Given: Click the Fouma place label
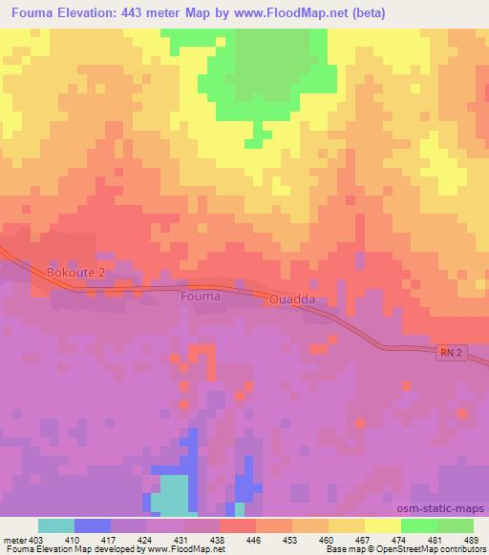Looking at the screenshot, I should (201, 297).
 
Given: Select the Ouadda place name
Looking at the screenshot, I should (291, 299).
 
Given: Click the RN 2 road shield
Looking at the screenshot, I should (453, 354).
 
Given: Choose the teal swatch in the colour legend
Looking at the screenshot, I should (56, 525).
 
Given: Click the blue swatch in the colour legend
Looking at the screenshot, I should (93, 525).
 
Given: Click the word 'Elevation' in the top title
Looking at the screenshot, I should (90, 14).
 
